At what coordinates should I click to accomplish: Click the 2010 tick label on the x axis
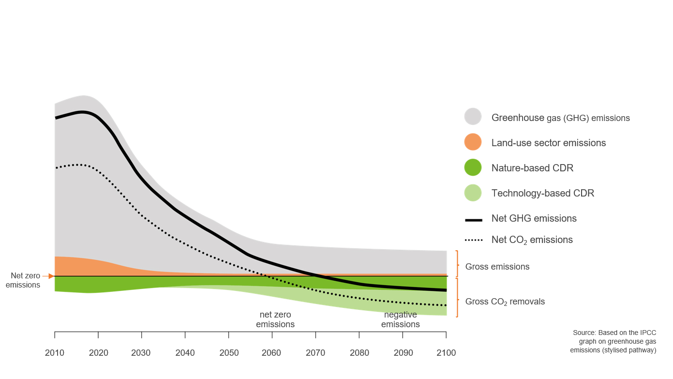[x=54, y=353]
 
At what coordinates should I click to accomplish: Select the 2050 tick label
[x=228, y=353]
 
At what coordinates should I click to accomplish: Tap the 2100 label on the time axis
[x=446, y=353]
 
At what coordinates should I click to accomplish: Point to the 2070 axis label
[x=315, y=353]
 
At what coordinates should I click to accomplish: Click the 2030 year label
[x=141, y=353]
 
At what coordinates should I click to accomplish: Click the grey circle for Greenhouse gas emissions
[x=473, y=117]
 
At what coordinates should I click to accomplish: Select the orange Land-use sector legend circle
[x=473, y=142]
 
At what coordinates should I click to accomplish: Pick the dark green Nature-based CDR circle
[x=473, y=167]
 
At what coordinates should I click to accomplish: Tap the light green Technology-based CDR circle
[x=473, y=193]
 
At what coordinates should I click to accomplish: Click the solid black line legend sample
[x=473, y=220]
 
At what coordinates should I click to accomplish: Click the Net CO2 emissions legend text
[x=532, y=240]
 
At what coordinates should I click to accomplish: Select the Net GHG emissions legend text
[x=534, y=218]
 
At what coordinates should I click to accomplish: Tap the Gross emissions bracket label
[x=497, y=267]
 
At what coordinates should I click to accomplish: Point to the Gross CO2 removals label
[x=505, y=302]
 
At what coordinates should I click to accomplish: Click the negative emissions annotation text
[x=400, y=319]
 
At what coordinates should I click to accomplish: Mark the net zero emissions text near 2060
[x=275, y=319]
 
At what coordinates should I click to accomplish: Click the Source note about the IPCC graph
[x=613, y=341]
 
